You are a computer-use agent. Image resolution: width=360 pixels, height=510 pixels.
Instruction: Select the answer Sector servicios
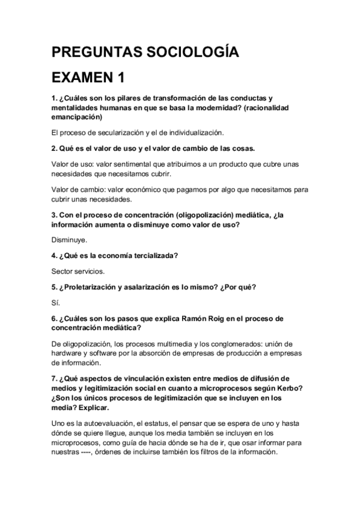(78, 271)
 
